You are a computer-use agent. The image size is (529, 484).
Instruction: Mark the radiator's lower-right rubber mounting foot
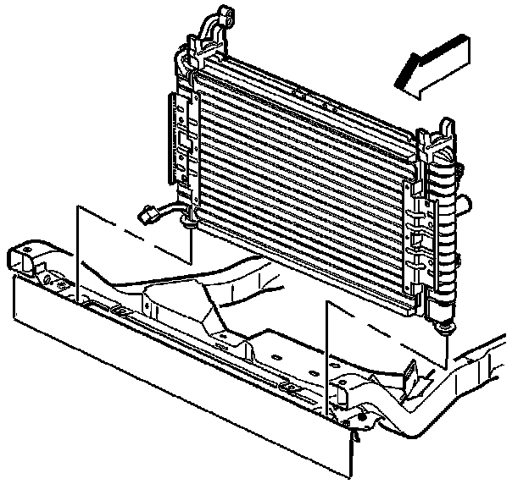443,324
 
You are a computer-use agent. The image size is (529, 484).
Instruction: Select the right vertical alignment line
326,355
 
